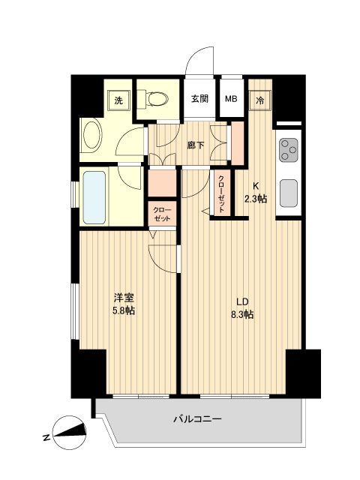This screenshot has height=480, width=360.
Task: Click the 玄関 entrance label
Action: pos(199,98)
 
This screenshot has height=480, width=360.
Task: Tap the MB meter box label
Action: pos(231,98)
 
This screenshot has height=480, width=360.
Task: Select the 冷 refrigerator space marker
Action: pos(260,98)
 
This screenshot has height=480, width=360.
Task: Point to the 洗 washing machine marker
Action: pos(118,99)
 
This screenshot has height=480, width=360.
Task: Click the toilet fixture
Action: pos(157,98)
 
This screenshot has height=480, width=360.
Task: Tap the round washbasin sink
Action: pos(93,137)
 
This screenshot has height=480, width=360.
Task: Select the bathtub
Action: pos(94,197)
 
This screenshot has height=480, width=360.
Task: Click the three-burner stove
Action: pos(289,151)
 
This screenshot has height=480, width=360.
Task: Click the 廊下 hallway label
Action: pos(195,144)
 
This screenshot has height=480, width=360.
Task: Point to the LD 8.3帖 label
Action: pos(241,307)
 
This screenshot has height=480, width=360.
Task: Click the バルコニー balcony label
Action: pos(197,421)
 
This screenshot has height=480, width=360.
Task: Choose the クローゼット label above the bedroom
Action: pos(161,214)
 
